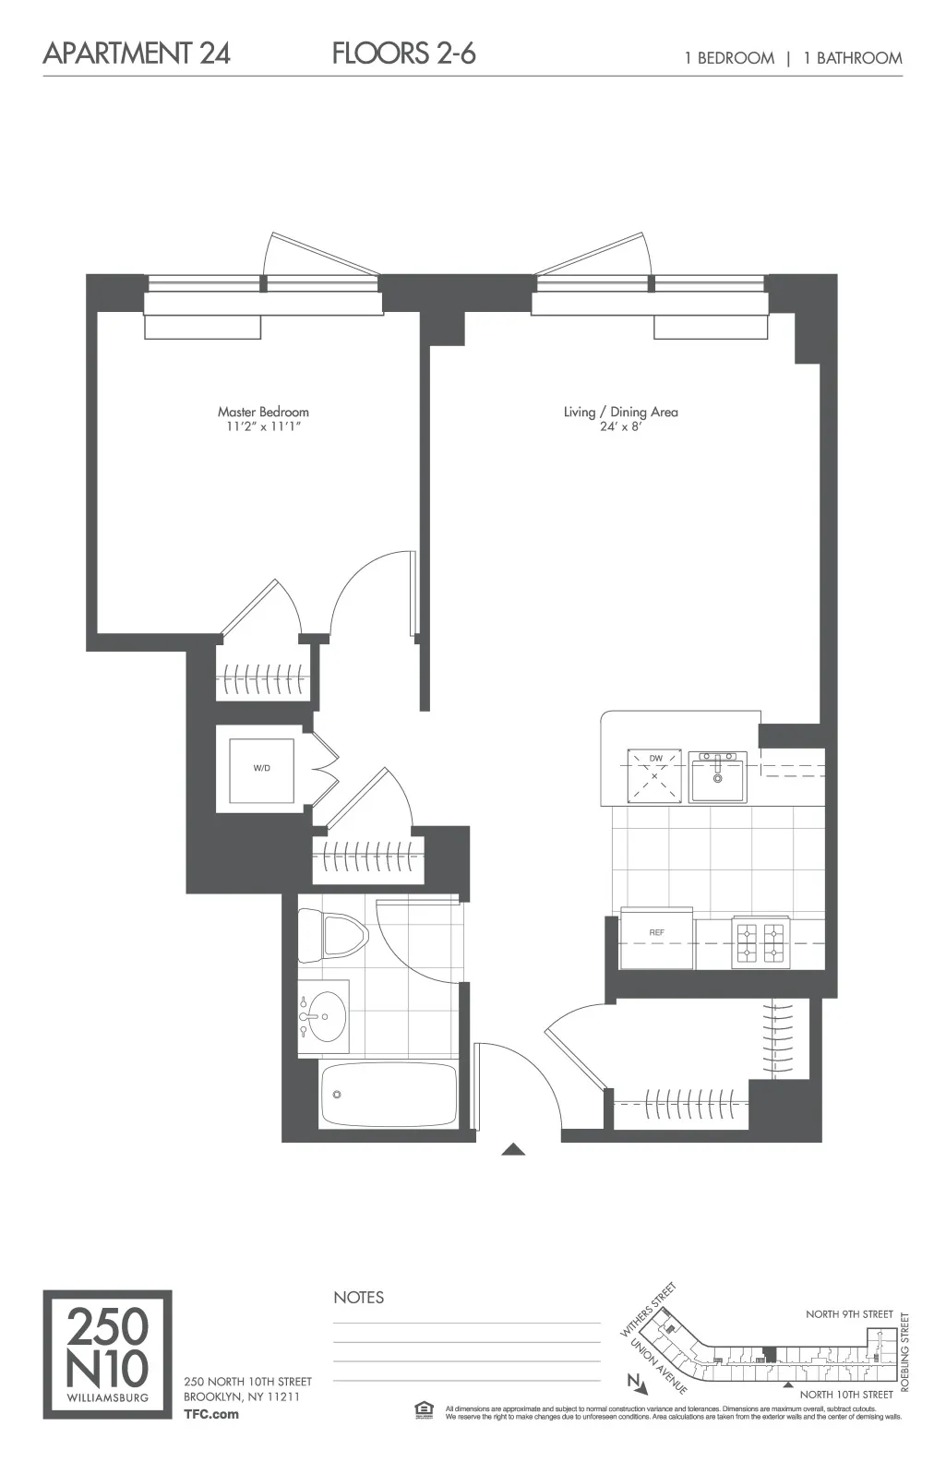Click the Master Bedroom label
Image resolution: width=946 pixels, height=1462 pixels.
coord(263,412)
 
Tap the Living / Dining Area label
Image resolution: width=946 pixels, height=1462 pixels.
coord(620,412)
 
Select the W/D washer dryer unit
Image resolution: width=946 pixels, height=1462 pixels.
coord(262,769)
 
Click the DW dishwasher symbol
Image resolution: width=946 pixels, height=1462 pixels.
coord(655,775)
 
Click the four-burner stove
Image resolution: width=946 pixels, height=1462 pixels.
coord(760,941)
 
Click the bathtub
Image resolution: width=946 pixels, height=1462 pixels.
coord(388,1095)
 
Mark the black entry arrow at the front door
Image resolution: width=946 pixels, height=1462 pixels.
coord(513,1150)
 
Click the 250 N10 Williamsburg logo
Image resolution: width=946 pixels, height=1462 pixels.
coord(107,1354)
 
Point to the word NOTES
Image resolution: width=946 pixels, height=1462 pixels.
coord(358,1298)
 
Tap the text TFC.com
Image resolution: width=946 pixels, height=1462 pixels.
coord(210,1414)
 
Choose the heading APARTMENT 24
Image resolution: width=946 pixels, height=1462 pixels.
coord(137,54)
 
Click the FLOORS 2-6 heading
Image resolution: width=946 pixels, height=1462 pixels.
coord(403,54)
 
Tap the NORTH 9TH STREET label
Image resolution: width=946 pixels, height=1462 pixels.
coord(849,1313)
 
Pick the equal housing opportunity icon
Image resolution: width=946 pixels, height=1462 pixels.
coord(424,1408)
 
